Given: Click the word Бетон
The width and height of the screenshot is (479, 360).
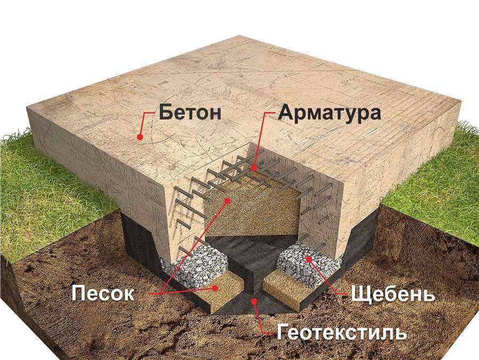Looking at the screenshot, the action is click(189, 112).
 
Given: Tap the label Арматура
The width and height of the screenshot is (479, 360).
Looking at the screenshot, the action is click(329, 113).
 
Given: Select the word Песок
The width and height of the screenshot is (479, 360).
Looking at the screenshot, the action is click(103, 293).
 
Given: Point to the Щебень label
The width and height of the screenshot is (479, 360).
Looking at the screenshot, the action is click(393, 294).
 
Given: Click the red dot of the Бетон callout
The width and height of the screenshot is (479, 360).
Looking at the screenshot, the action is click(140, 137).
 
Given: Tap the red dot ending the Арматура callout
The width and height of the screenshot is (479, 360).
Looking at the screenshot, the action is click(254, 168).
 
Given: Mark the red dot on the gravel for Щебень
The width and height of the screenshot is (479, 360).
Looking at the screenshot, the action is click(309, 259).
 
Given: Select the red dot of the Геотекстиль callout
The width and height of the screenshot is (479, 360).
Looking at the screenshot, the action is click(253, 301).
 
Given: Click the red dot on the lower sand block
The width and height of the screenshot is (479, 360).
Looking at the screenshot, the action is click(216, 288).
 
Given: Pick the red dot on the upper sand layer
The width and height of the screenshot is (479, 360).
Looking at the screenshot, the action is click(227, 200).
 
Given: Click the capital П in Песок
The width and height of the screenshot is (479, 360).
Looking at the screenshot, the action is click(78, 293).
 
